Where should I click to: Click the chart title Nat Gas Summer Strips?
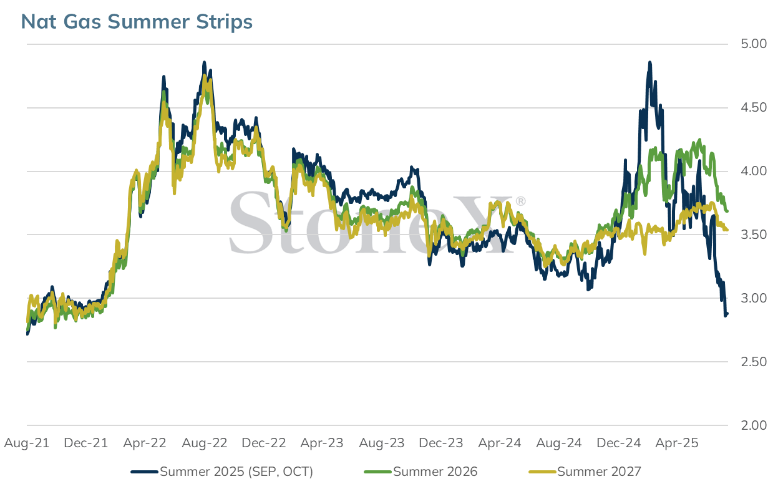click(x=137, y=22)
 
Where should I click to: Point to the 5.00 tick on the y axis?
click(x=753, y=44)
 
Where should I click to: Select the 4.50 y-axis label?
click(x=753, y=108)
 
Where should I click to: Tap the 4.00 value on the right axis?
click(x=753, y=171)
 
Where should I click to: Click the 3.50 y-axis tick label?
click(x=753, y=235)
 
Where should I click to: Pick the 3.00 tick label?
click(x=753, y=298)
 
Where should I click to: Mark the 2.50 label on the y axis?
click(x=753, y=362)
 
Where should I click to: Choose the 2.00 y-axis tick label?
click(x=753, y=425)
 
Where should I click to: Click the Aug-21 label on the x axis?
click(x=27, y=443)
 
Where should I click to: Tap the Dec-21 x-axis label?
click(x=86, y=443)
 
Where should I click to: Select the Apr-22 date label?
click(x=145, y=443)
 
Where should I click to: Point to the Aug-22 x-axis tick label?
click(x=205, y=443)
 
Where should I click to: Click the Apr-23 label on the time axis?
click(x=322, y=443)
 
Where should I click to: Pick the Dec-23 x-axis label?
click(x=440, y=443)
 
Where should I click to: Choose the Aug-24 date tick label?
click(x=559, y=443)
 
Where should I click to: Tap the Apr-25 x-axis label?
click(x=677, y=443)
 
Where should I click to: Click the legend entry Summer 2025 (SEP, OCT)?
click(x=222, y=472)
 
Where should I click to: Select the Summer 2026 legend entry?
click(x=421, y=472)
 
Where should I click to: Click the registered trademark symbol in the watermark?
click(x=520, y=201)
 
